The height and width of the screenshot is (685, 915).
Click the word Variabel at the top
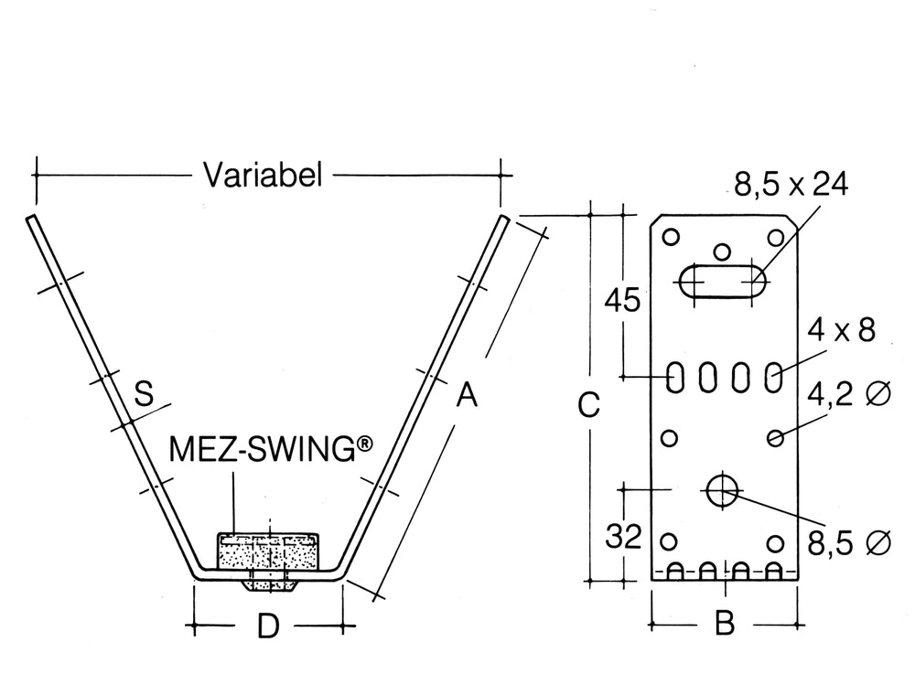[263, 175]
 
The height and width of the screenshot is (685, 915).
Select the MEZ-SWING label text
[272, 450]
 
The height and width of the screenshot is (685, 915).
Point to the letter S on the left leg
[143, 394]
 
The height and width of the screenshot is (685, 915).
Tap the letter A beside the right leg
[467, 395]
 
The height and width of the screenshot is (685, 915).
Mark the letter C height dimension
[590, 404]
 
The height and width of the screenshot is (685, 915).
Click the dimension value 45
[624, 301]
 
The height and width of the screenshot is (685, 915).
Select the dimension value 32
[624, 536]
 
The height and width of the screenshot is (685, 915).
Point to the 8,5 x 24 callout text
[791, 185]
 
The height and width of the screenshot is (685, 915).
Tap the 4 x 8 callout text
[841, 329]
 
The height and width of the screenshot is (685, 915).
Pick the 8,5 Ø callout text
[848, 543]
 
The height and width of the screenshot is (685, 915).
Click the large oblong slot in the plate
[723, 281]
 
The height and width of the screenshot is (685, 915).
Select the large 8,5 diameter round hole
[722, 489]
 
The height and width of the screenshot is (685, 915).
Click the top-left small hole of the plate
[671, 237]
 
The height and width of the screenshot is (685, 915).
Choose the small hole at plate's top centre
[723, 250]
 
